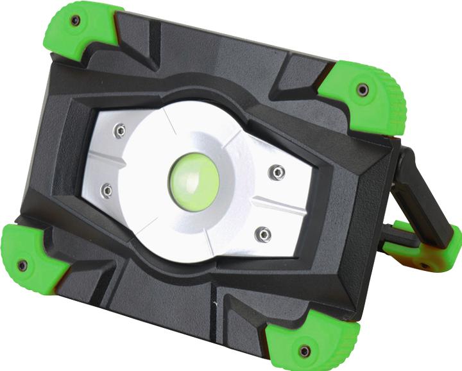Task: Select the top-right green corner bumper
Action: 366,96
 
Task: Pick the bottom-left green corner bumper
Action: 32,257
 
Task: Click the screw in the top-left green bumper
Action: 75,21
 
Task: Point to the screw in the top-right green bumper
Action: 363,89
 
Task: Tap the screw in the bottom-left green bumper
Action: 22,265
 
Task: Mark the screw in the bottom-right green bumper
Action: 304,351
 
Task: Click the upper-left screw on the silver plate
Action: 119,131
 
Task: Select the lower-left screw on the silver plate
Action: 107,190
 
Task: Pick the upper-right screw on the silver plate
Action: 277,171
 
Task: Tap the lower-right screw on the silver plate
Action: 262,234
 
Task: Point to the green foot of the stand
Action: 430,250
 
